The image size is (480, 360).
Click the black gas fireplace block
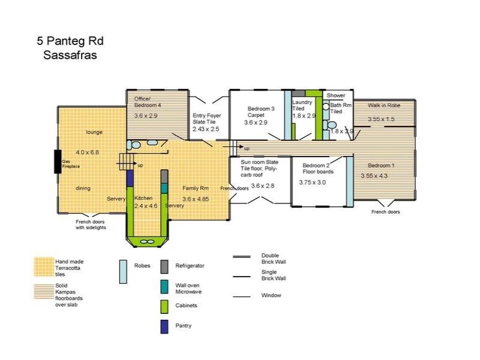58,161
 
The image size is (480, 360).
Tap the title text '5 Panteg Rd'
70,41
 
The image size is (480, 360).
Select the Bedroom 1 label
381,166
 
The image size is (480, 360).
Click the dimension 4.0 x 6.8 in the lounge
87,152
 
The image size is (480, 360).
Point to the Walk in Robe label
384,106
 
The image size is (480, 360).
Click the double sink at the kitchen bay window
147,242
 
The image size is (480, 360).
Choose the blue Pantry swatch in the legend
164,326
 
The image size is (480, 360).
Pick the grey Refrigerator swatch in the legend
164,266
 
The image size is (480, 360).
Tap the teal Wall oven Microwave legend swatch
164,287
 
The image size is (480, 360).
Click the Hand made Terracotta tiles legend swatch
44,267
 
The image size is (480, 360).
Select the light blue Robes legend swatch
123,272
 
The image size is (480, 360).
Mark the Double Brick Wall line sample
242,257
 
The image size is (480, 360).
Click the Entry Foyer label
206,115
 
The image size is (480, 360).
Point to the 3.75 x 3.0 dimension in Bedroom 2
312,182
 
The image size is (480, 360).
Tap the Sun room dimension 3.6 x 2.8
263,186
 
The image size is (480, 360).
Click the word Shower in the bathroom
336,95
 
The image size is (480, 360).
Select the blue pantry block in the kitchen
130,178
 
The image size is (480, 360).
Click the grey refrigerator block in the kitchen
164,176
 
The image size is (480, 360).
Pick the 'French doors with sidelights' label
91,224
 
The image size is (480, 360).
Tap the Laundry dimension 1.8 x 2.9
304,116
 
